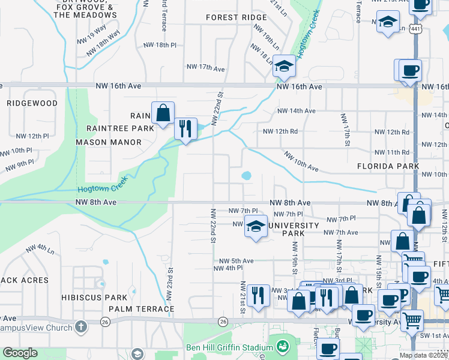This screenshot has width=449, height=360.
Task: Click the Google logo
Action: [x=20, y=353]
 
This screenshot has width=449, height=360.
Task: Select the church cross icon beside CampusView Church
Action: [x=81, y=328]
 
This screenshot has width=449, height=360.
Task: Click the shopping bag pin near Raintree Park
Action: [x=162, y=112]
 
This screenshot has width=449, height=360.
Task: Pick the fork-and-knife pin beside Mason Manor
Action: [x=185, y=128]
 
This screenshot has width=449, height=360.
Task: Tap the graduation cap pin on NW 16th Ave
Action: [x=284, y=65]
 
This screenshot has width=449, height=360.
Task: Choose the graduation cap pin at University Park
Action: [x=256, y=227]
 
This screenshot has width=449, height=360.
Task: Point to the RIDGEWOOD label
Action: [x=32, y=103]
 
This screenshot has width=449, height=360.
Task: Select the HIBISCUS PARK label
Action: [x=94, y=298]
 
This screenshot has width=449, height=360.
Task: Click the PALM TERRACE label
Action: [x=142, y=309]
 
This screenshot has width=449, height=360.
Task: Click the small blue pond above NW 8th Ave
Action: [x=246, y=176]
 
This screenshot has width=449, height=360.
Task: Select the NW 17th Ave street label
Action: [x=205, y=67]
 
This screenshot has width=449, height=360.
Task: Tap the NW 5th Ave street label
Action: [x=236, y=261]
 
